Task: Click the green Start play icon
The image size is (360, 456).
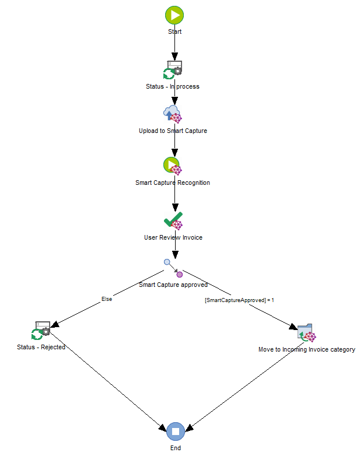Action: click(x=174, y=15)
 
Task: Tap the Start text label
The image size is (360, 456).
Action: click(x=174, y=31)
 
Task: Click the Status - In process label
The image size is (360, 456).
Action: click(x=173, y=86)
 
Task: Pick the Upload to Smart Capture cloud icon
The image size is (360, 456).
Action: click(x=173, y=114)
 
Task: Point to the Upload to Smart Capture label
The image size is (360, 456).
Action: click(x=173, y=131)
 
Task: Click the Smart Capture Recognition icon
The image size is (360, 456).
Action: click(x=173, y=166)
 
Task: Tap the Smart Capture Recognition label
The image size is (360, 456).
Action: click(x=173, y=183)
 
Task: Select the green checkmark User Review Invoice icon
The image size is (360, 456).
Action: click(x=173, y=221)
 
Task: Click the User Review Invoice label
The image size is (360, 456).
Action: click(x=173, y=237)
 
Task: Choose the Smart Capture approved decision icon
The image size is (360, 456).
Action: click(x=173, y=268)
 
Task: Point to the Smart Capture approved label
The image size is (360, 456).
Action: click(x=173, y=285)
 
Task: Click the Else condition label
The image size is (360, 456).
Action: click(x=107, y=299)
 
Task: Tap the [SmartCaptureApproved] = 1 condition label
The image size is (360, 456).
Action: click(x=239, y=300)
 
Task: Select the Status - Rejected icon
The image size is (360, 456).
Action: click(x=41, y=331)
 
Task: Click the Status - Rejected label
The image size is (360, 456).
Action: click(x=41, y=347)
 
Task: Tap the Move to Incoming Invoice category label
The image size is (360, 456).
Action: click(x=307, y=349)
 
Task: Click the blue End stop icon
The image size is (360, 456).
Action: click(x=175, y=432)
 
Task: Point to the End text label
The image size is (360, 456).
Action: click(x=176, y=448)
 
